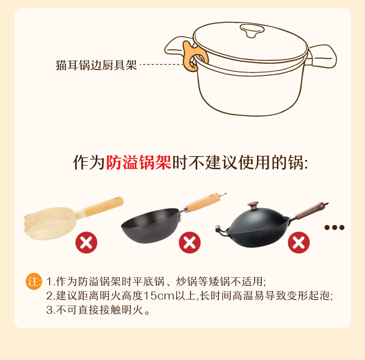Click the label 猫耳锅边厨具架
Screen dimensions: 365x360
[96, 65]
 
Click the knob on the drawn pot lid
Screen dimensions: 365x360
[252, 31]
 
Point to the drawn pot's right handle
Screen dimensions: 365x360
[322, 56]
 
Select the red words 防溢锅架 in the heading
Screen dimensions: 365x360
[139, 162]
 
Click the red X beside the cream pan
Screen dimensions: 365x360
[86, 242]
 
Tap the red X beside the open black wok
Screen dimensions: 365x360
[189, 242]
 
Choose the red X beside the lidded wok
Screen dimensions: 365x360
[299, 242]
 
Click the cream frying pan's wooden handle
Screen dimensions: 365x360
[104, 206]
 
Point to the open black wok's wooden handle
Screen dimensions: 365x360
[203, 202]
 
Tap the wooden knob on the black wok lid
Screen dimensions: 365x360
[253, 205]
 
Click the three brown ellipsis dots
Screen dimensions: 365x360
[334, 227]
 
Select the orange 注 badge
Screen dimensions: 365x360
[34, 281]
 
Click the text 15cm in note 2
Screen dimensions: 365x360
[159, 296]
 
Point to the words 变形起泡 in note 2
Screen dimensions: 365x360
[308, 296]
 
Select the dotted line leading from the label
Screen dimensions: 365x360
[161, 65]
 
